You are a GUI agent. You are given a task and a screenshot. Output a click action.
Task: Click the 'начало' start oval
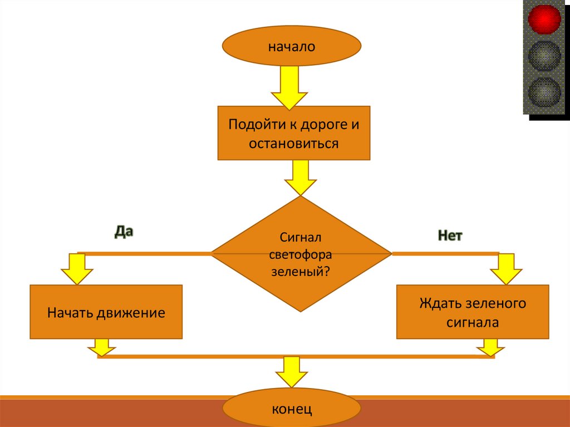(292, 46)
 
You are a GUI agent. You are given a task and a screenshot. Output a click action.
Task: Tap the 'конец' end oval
(292, 409)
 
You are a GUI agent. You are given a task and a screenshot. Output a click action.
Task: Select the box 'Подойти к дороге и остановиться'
(293, 133)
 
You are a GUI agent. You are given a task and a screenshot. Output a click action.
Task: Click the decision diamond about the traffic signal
(301, 254)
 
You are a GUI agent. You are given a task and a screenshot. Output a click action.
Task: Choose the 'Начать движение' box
(106, 312)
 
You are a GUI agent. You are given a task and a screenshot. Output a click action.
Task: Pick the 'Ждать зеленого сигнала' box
(473, 312)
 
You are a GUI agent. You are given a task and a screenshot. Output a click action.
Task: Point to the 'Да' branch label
(124, 232)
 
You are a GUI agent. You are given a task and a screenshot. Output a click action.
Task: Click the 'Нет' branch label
(450, 235)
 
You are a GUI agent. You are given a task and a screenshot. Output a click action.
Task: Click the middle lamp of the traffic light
(544, 54)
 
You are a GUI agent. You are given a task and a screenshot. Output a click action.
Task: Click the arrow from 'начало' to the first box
(289, 86)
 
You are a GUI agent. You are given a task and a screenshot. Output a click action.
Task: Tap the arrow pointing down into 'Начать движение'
(76, 269)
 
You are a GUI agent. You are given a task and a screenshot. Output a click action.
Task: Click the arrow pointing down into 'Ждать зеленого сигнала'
(506, 269)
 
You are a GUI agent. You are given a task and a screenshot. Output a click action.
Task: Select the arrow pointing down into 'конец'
(292, 371)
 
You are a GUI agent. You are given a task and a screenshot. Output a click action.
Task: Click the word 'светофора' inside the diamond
(301, 255)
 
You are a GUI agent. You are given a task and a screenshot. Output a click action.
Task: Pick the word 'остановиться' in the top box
(293, 144)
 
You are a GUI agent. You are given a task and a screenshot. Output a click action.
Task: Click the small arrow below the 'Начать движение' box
(102, 347)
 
